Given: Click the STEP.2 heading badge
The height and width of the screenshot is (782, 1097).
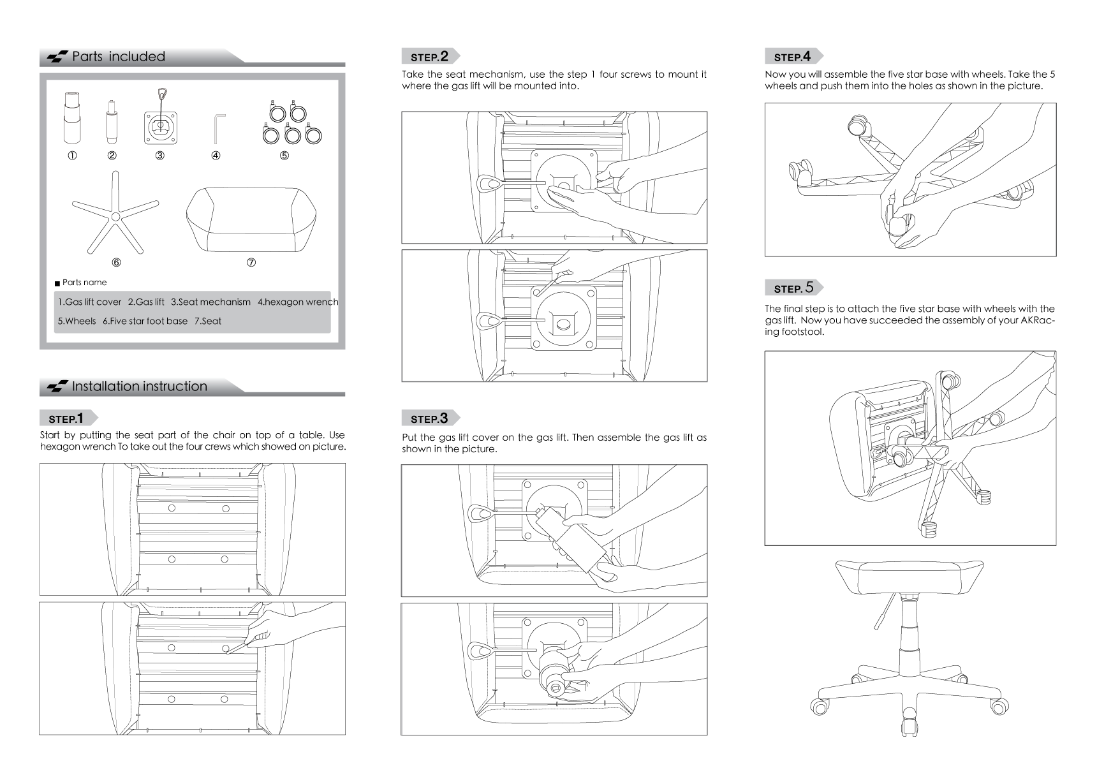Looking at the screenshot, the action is [x=430, y=56].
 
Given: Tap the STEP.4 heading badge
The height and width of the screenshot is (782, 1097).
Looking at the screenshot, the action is [x=793, y=56].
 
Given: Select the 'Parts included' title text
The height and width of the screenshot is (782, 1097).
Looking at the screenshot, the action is [x=119, y=56].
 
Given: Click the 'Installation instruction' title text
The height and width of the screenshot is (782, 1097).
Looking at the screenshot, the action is [x=140, y=386].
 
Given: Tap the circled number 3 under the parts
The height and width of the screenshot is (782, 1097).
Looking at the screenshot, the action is [x=160, y=155].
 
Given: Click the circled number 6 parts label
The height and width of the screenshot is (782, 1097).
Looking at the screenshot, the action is [x=116, y=262].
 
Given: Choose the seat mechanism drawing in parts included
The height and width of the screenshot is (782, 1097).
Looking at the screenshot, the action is [x=160, y=117].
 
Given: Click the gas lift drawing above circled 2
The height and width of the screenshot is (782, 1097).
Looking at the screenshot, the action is [x=112, y=122].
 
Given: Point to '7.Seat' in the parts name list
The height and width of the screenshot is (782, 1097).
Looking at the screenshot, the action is [x=208, y=321].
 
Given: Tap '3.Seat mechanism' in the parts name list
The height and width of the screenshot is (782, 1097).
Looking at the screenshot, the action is [x=210, y=302].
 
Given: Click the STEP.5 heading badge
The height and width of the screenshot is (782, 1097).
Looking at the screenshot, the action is [x=793, y=288].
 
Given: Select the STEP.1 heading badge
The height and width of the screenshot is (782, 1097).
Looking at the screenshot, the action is [x=68, y=418].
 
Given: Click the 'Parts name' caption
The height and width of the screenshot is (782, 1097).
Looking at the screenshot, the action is [x=85, y=283].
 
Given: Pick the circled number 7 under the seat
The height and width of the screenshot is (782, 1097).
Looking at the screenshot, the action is [x=251, y=262].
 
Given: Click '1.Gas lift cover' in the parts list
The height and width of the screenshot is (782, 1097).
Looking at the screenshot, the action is [x=89, y=302].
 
